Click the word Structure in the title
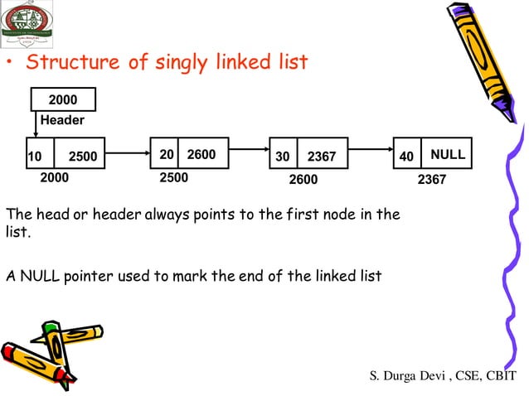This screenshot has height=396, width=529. tap(70, 63)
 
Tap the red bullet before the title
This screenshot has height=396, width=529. tap(11, 65)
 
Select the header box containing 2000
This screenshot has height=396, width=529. tap(63, 100)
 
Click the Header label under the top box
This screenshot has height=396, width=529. tap(62, 120)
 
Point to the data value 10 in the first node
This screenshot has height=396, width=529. tap(34, 156)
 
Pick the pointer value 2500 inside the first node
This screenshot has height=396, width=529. tap(82, 156)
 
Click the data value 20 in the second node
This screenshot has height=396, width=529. tap(167, 154)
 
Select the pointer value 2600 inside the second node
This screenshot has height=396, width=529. tap(201, 154)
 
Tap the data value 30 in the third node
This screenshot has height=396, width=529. tap(283, 156)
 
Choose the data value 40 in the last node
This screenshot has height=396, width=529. tap(406, 156)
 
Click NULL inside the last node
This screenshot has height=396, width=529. tap(448, 155)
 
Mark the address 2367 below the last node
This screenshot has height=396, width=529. tap(432, 178)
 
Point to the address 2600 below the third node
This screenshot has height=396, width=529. tap(303, 179)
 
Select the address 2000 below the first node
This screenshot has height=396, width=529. tap(55, 177)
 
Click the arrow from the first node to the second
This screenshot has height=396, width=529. tap(127, 153)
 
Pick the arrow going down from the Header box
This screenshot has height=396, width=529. tap(37, 125)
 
